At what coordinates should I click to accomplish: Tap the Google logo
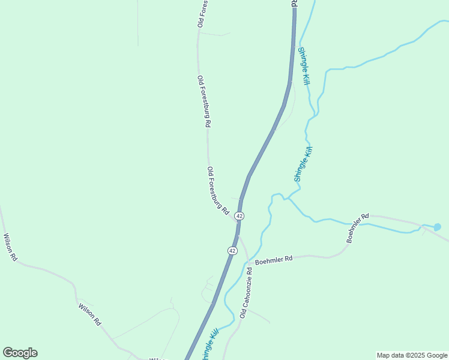(20, 353)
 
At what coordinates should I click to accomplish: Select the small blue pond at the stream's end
(437, 227)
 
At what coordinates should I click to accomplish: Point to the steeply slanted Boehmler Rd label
(358, 228)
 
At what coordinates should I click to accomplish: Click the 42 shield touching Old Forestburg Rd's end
(240, 215)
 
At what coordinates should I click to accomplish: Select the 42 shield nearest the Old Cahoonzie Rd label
(232, 250)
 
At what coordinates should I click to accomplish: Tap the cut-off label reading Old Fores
(202, 13)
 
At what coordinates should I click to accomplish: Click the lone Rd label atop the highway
(294, 3)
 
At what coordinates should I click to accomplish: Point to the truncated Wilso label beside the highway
(157, 359)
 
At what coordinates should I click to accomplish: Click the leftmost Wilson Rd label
(11, 247)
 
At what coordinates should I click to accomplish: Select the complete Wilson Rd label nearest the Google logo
(89, 314)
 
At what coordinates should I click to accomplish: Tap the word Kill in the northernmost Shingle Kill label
(306, 76)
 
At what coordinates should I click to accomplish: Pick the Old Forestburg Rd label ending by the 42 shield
(218, 191)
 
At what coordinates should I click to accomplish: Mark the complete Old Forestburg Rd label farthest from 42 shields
(203, 101)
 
